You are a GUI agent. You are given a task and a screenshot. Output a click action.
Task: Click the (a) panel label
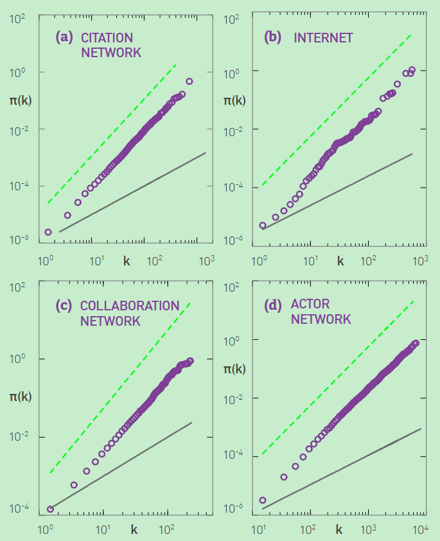tap(64, 37)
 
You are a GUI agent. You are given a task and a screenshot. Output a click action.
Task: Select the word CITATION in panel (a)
tap(107, 38)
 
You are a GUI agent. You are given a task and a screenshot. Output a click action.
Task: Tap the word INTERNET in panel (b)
tap(323, 38)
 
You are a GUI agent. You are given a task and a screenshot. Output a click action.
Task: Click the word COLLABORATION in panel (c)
tap(130, 306)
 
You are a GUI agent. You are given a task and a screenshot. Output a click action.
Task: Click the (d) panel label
tap(274, 305)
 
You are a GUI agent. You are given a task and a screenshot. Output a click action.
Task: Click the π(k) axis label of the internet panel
tap(234, 100)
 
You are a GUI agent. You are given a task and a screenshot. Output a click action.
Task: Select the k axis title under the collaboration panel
tap(134, 530)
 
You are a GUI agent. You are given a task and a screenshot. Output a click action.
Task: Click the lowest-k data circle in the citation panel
tap(48, 232)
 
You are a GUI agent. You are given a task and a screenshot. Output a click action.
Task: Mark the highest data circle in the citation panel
tap(189, 81)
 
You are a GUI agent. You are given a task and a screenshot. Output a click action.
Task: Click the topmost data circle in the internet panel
tap(412, 69)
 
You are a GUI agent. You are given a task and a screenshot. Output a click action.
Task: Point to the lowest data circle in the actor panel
tap(262, 500)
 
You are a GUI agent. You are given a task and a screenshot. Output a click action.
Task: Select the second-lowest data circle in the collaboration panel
tap(74, 485)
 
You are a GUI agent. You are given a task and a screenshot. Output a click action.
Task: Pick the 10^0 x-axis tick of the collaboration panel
tap(44, 531)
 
